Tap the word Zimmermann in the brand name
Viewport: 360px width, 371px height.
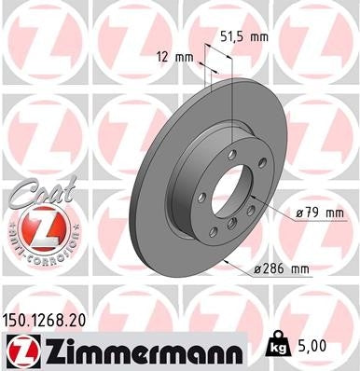click(x=139, y=350)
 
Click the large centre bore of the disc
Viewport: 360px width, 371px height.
click(x=231, y=197)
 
